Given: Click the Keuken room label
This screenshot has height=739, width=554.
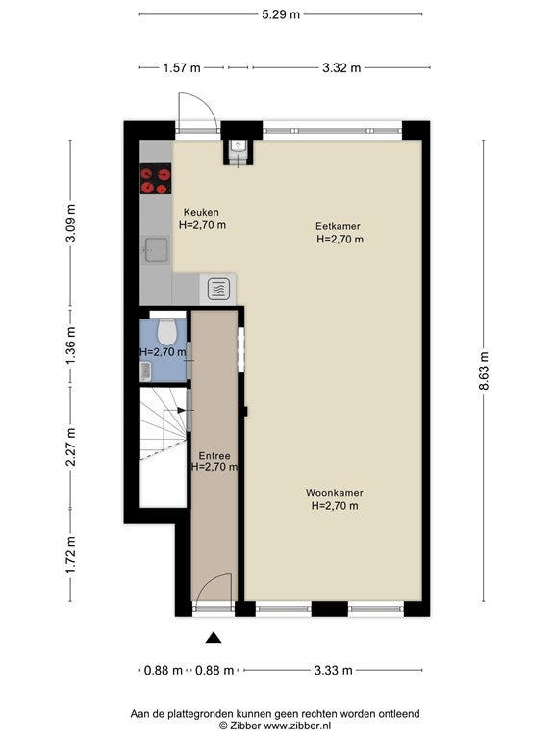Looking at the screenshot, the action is pos(201,212).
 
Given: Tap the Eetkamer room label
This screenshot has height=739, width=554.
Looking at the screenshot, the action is pos(338,226).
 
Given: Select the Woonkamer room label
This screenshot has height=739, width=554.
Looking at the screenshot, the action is pos(334,493).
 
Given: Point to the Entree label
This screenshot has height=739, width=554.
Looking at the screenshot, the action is pos(214,456).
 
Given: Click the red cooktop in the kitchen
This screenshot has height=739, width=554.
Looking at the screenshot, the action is pos(156,178).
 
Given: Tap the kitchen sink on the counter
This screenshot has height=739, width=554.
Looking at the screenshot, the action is pos(156,249).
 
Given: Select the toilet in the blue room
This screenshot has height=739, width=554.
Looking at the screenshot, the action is pos(165,332).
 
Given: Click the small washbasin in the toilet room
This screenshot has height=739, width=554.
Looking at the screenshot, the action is pos(145,371).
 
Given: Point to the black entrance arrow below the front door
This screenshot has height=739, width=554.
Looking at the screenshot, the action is pos(214,638).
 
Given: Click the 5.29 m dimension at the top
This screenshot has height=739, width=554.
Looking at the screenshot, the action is pos(281,14).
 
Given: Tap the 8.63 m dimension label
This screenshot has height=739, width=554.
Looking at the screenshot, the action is pos(484,370).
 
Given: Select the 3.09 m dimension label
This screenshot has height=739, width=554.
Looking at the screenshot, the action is pos(70,223).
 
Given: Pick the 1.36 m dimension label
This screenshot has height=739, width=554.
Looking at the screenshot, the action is pos(70,345).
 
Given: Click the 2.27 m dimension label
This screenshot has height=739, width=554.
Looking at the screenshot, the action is pos(70,446).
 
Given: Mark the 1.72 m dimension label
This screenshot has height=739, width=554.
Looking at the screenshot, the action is pos(70,555).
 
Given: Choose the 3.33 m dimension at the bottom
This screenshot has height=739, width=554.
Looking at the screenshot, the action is pos(333,670).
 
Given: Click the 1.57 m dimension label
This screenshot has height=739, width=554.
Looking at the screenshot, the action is pos(182,68).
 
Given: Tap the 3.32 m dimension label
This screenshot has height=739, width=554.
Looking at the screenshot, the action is pos(341,68).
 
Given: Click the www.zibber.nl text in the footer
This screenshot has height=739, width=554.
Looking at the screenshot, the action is pos(297,726).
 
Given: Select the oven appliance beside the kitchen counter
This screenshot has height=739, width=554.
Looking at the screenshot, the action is pos(218,289).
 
